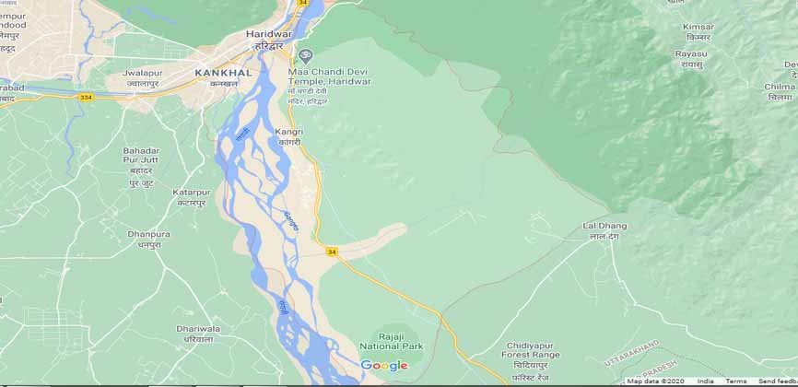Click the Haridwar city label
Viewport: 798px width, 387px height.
pos(268,34)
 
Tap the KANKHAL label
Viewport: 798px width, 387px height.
pos(217,71)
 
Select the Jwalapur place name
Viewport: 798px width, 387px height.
pos(143,72)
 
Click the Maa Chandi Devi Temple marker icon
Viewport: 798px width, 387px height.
pos(306,54)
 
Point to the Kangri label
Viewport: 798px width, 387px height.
pos(288,133)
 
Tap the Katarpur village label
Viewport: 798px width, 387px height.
pos(191,192)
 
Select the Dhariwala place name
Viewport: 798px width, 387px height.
pos(197,327)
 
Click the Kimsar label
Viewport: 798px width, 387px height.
pos(698,27)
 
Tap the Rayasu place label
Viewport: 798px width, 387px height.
pos(690,53)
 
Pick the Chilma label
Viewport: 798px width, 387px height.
pos(779,86)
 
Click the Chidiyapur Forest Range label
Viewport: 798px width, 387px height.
pos(531,354)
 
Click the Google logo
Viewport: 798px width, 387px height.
pos(383,366)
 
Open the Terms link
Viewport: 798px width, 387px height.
pos(735,381)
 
